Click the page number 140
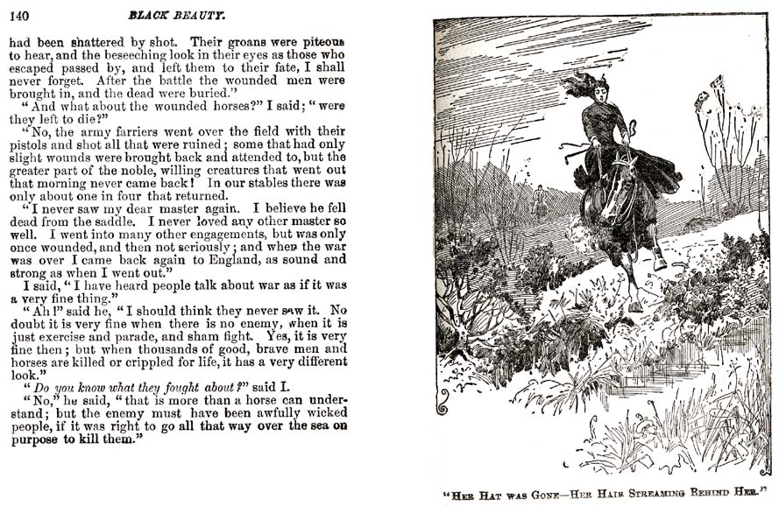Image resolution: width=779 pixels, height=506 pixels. [18, 15]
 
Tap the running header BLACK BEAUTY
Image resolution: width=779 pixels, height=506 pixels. [176, 15]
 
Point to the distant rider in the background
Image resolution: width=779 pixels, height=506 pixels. [540, 202]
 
